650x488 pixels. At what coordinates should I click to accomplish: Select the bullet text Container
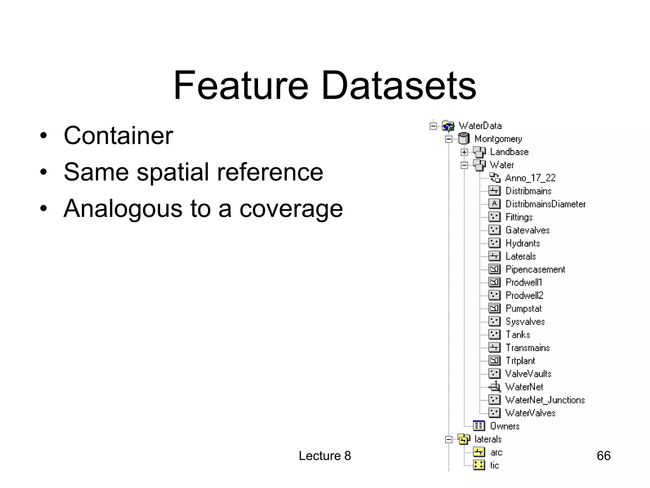118,136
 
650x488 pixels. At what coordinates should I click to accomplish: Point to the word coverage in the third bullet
291,209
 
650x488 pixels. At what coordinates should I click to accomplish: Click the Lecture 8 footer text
325,456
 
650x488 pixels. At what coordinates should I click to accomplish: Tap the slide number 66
603,456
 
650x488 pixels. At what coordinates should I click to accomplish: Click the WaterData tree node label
480,126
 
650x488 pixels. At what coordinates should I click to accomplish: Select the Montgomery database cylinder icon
463,139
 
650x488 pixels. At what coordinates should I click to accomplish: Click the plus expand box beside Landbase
464,152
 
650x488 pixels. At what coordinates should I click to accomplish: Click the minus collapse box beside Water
464,165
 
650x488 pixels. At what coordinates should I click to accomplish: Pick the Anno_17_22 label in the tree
530,178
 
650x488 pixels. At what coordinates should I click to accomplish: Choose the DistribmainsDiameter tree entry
545,204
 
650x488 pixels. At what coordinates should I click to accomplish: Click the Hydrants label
522,243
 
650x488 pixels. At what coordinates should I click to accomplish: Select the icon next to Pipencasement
494,269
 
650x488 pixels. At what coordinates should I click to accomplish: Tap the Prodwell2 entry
524,295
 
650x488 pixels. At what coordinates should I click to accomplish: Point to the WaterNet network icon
495,387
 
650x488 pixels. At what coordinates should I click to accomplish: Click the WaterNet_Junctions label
545,400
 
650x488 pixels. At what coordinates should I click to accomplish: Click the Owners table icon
479,426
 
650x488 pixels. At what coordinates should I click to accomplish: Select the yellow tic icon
479,465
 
